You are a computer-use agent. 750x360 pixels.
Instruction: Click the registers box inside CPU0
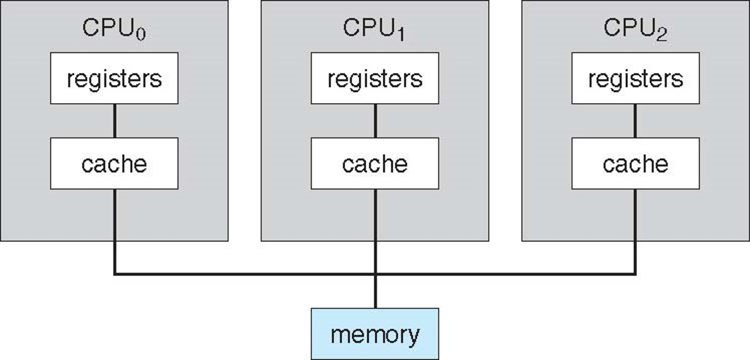pos(114,78)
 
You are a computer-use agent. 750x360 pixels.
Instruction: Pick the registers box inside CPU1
pos(375,78)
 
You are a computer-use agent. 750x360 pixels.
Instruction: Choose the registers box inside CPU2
pos(635,78)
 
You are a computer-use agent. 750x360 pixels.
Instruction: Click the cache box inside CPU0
pos(114,163)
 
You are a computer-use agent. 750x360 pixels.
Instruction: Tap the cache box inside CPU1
pos(375,163)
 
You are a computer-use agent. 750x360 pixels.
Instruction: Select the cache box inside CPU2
pos(635,163)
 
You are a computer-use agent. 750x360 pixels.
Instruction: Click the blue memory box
pos(375,334)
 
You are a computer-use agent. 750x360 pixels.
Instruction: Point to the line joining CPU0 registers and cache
pos(114,121)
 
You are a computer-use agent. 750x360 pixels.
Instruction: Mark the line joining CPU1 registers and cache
pos(375,121)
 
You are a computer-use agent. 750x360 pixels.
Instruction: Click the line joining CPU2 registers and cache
pos(635,121)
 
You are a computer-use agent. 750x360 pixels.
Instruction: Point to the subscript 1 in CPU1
pos(401,34)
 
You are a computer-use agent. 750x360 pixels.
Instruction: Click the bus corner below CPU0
pos(115,274)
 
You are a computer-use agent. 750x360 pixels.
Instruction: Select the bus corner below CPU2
pos(635,274)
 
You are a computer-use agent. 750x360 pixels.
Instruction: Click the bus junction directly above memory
pos(375,275)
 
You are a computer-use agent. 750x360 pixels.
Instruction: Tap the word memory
pos(375,335)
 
